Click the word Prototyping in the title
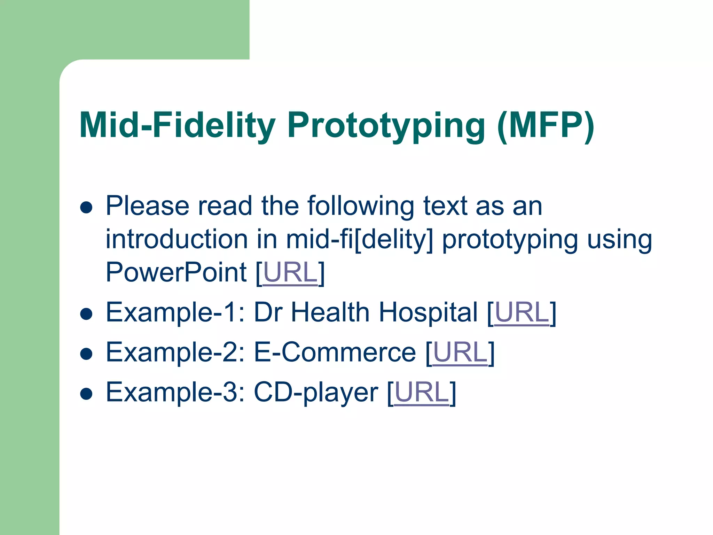click(386, 125)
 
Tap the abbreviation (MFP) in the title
click(546, 125)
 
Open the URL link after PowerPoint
click(290, 273)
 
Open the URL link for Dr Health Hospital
click(522, 312)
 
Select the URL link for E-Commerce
click(460, 352)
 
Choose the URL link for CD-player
click(422, 393)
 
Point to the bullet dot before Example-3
click(86, 394)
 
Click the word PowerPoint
click(176, 273)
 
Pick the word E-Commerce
click(335, 352)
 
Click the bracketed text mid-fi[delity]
click(360, 240)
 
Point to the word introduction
click(177, 240)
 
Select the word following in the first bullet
click(361, 207)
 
